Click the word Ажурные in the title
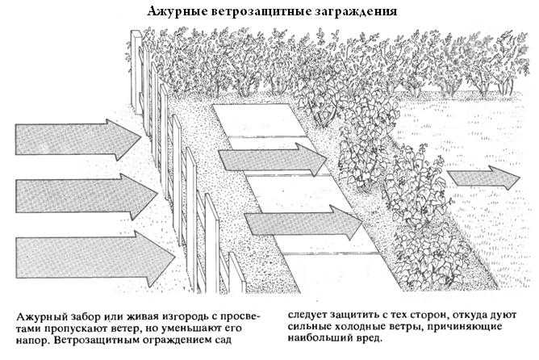click(176, 11)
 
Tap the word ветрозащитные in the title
click(261, 11)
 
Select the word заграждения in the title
click(356, 11)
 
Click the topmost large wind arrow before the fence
click(78, 140)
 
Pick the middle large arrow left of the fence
click(86, 196)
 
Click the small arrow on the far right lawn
click(484, 178)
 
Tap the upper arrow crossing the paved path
click(273, 160)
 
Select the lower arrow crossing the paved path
click(303, 223)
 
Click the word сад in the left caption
click(223, 339)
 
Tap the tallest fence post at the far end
click(137, 72)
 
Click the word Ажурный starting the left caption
click(38, 317)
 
